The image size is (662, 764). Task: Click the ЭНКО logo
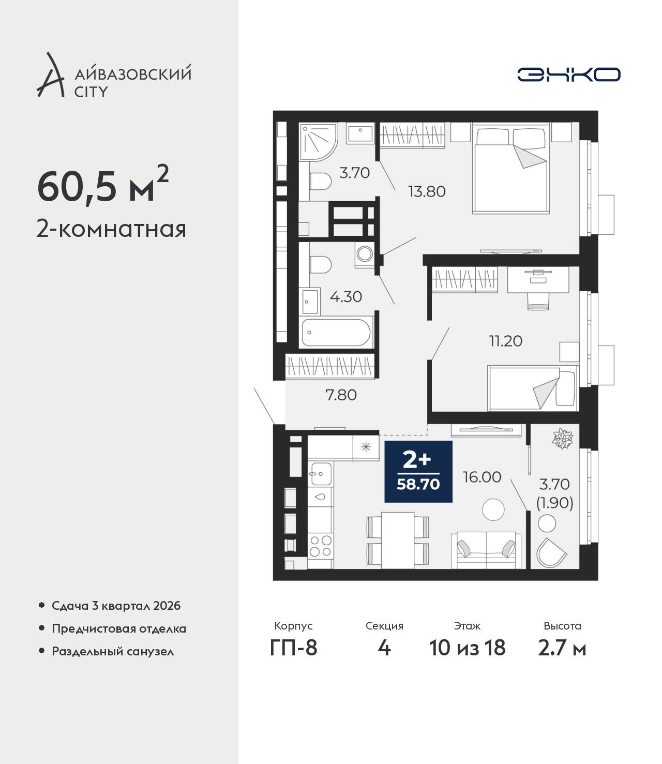coord(568,74)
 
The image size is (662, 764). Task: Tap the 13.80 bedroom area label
coord(427,191)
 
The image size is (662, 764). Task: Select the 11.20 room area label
coord(506,341)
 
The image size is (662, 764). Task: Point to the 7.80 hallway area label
coord(341,395)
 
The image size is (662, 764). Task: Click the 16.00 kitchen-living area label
coord(482,477)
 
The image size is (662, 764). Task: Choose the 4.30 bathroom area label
coord(345,296)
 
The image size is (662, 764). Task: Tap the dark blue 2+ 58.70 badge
coord(418,471)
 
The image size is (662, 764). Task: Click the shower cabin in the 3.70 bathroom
coord(319,142)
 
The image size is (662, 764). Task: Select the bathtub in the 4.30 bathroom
coord(336,332)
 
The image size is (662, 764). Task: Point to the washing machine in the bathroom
coord(365,254)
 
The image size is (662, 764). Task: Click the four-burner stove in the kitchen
coord(321,546)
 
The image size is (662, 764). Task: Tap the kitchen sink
coord(321,473)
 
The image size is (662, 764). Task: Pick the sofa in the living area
coord(486,550)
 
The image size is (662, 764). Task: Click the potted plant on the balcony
coord(563,438)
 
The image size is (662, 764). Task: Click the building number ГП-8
coord(293,648)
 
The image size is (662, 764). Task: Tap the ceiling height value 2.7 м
coord(562,648)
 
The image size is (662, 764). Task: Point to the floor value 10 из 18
coord(467,648)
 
